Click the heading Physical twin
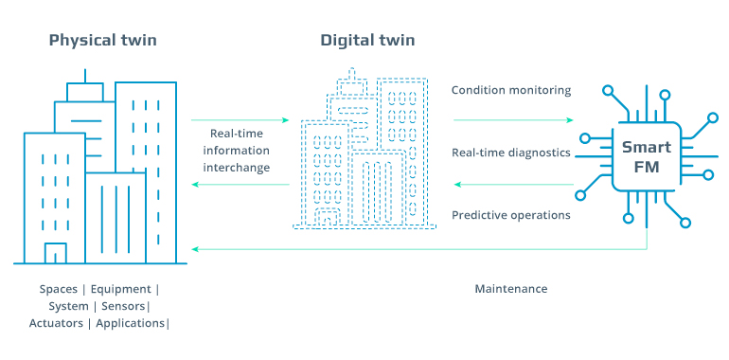tap(102, 41)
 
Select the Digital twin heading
tap(367, 41)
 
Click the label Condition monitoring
tap(511, 91)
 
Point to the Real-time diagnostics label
tap(511, 153)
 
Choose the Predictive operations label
tap(511, 215)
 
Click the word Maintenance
tap(511, 288)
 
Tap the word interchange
tap(240, 168)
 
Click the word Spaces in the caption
tap(58, 288)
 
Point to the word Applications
tap(132, 323)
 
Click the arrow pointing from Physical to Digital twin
tap(240, 120)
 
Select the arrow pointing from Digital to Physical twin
tap(240, 184)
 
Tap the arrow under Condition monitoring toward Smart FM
tap(513, 120)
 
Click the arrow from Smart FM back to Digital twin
tap(513, 184)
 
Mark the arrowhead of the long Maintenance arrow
tap(195, 249)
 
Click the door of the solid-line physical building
tap(56, 253)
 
